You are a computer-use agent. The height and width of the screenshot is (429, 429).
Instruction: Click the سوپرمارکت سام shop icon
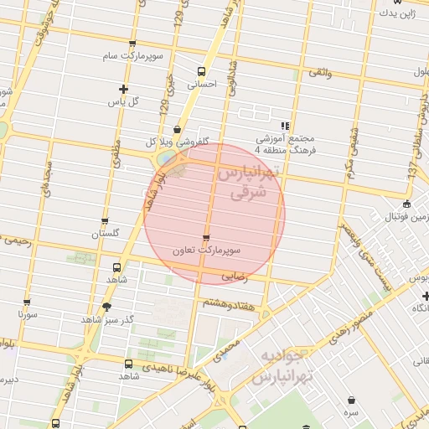(x=132, y=44)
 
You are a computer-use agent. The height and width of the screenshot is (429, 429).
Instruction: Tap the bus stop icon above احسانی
(x=200, y=71)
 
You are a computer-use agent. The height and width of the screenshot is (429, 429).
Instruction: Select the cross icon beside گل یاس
(x=124, y=89)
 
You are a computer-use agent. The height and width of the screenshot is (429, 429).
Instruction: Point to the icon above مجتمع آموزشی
(x=285, y=126)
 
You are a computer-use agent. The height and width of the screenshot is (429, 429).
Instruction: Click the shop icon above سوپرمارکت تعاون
(x=206, y=238)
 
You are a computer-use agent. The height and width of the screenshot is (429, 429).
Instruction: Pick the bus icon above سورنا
(x=27, y=303)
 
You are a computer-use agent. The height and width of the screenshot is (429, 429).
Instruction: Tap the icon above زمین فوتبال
(x=406, y=204)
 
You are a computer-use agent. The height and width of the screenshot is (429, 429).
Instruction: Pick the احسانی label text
(x=200, y=85)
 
